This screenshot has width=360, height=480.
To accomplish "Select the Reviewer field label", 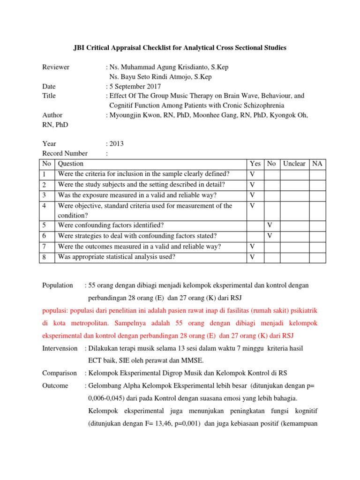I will [56, 67].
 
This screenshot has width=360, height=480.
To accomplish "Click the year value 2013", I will [116, 144].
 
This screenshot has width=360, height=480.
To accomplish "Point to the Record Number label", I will [65, 153].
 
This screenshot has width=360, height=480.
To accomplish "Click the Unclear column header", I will [294, 164].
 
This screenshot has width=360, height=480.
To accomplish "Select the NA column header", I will [317, 164].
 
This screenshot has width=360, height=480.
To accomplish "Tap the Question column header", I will [71, 164].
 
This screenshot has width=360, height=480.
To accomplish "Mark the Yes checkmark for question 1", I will [252, 174].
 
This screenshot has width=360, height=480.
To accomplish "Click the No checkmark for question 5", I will [270, 225].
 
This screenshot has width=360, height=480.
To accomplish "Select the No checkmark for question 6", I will [270, 236].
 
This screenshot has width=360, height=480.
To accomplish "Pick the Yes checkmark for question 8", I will [252, 257].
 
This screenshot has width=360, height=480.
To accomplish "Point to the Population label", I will [58, 285].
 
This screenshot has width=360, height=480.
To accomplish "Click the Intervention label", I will [60, 348].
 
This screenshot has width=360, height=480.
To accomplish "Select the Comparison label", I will [59, 373].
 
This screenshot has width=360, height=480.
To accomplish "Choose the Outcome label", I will [55, 385].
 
